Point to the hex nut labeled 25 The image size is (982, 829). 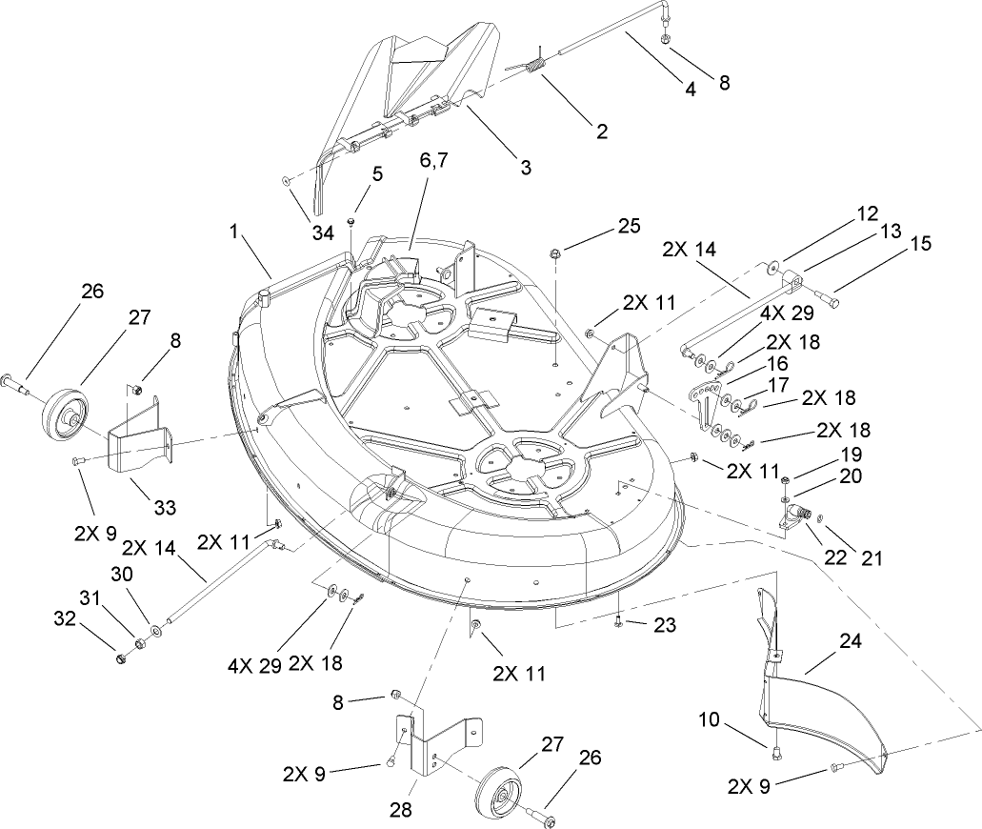[555, 253]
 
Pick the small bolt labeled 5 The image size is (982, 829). [351, 221]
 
